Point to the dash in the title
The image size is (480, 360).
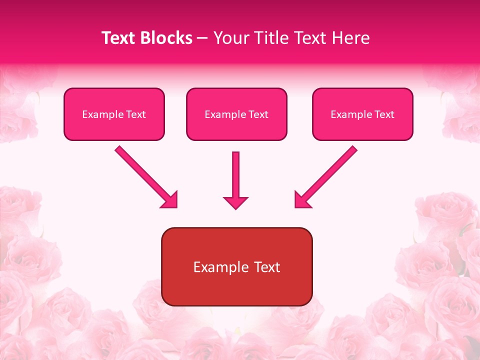(x=202, y=38)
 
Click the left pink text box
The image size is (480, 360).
(x=114, y=114)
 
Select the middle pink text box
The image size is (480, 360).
(x=236, y=114)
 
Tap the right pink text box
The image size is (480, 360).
(x=362, y=114)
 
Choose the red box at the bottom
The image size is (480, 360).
(x=236, y=266)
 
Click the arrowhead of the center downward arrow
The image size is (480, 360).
(x=235, y=202)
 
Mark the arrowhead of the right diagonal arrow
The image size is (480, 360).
(x=302, y=200)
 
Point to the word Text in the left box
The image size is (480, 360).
(x=135, y=114)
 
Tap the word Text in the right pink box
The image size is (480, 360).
(x=384, y=114)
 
